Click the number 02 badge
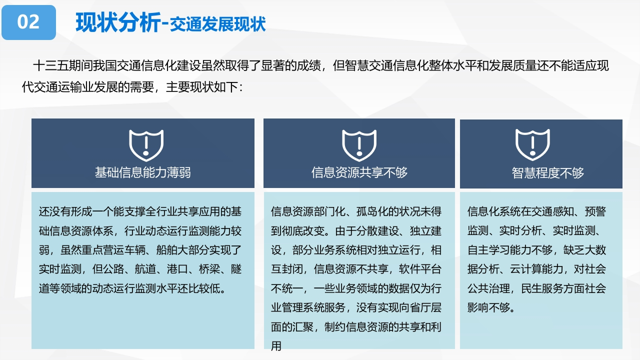pos(28,22)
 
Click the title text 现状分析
pos(118,23)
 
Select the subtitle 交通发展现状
pos(218,24)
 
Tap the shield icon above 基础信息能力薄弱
pos(146,145)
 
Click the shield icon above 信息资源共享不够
pos(359,145)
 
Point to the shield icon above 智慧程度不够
pos(532,144)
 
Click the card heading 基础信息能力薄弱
pos(143,172)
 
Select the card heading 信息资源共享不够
pos(359,172)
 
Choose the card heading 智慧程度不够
pos(547,173)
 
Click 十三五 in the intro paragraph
pos(51,65)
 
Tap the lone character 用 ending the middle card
pos(276,346)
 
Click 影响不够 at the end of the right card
pos(488,307)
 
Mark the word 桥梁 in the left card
pos(209,269)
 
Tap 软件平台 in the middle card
pos(420,269)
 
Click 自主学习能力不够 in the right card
pos(510,250)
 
